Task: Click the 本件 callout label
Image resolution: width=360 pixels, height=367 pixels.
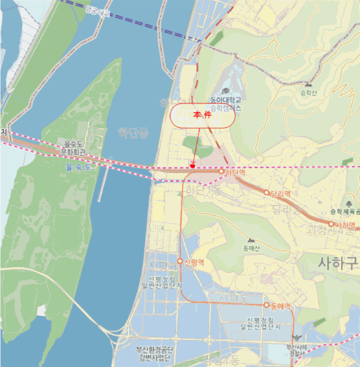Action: (202, 116)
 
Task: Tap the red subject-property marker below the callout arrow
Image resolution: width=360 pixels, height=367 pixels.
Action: (193, 166)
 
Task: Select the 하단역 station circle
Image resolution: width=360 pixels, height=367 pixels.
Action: (221, 171)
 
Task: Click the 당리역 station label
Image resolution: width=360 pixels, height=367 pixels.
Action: (281, 193)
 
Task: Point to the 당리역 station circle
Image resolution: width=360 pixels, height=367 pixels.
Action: (267, 193)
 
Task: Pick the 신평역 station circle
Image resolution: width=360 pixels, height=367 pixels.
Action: (180, 261)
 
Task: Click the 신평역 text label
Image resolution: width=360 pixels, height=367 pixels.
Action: (194, 262)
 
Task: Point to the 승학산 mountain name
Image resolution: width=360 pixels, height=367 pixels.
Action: (309, 92)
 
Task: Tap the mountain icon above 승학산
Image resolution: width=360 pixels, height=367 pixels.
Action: (308, 84)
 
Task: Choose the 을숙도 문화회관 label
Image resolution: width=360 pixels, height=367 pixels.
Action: (74, 148)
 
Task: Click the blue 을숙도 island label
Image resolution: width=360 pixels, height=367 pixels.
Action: (78, 167)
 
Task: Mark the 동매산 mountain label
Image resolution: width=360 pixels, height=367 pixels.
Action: (251, 249)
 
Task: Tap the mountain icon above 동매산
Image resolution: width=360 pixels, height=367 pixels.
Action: (251, 240)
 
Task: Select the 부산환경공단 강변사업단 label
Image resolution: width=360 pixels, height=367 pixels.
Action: (154, 354)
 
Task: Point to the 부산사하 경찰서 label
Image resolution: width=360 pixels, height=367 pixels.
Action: (297, 350)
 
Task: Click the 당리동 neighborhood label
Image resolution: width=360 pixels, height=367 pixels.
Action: (288, 210)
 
